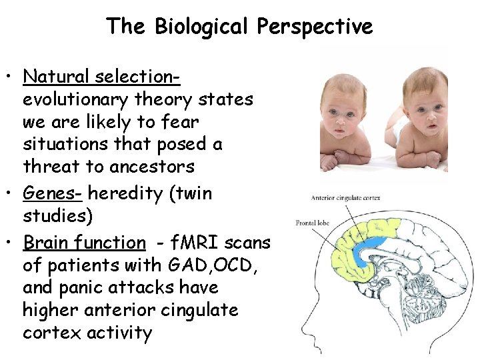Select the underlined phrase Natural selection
tap(101, 77)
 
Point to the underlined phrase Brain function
tap(84, 243)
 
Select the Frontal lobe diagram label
tap(313, 222)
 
